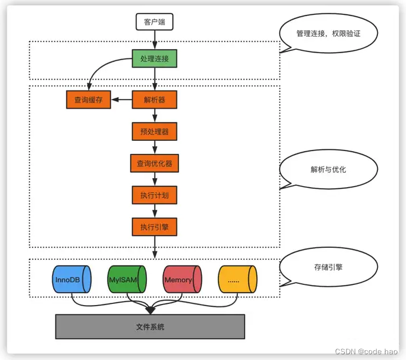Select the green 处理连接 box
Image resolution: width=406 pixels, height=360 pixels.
(154, 58)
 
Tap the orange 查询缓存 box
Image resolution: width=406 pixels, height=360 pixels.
(89, 100)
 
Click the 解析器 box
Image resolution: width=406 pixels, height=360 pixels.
(154, 100)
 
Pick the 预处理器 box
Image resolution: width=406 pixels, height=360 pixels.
(154, 132)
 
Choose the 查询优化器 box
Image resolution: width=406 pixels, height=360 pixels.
(154, 164)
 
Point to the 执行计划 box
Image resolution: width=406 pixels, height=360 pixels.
(154, 195)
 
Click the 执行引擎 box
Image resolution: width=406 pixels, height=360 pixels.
(154, 227)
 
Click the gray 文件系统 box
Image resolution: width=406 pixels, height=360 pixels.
(150, 326)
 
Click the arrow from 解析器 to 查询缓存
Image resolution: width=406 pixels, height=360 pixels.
(121, 100)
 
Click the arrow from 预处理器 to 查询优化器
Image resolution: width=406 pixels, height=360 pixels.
(154, 148)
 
